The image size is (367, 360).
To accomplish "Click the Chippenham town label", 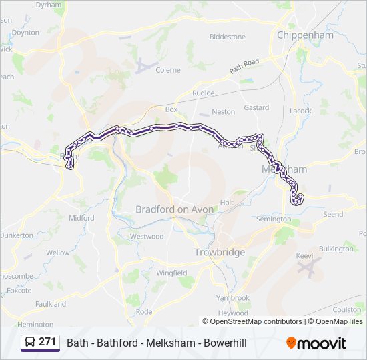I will [305, 35].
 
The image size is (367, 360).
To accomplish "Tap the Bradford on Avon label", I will [175, 209].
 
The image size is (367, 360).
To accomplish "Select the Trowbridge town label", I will [220, 252].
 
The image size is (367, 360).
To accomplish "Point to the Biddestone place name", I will [228, 37].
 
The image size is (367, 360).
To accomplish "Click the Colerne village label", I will [168, 69].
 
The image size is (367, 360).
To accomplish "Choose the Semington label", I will [274, 219].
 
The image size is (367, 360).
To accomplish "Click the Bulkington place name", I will [337, 249].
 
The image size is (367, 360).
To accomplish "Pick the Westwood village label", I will [147, 236].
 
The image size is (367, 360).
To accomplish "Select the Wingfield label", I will [171, 273].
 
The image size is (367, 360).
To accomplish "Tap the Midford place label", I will [81, 218].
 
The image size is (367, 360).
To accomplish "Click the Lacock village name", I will [300, 111].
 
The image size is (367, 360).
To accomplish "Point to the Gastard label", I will [256, 107].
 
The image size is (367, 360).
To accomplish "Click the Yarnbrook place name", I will [232, 298].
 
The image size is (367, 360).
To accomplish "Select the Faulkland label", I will [51, 304].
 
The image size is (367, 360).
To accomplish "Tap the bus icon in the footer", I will [30, 343].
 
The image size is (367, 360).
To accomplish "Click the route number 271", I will [47, 342].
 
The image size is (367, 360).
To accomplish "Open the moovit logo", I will [316, 343].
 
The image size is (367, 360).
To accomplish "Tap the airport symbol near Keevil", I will [308, 269].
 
